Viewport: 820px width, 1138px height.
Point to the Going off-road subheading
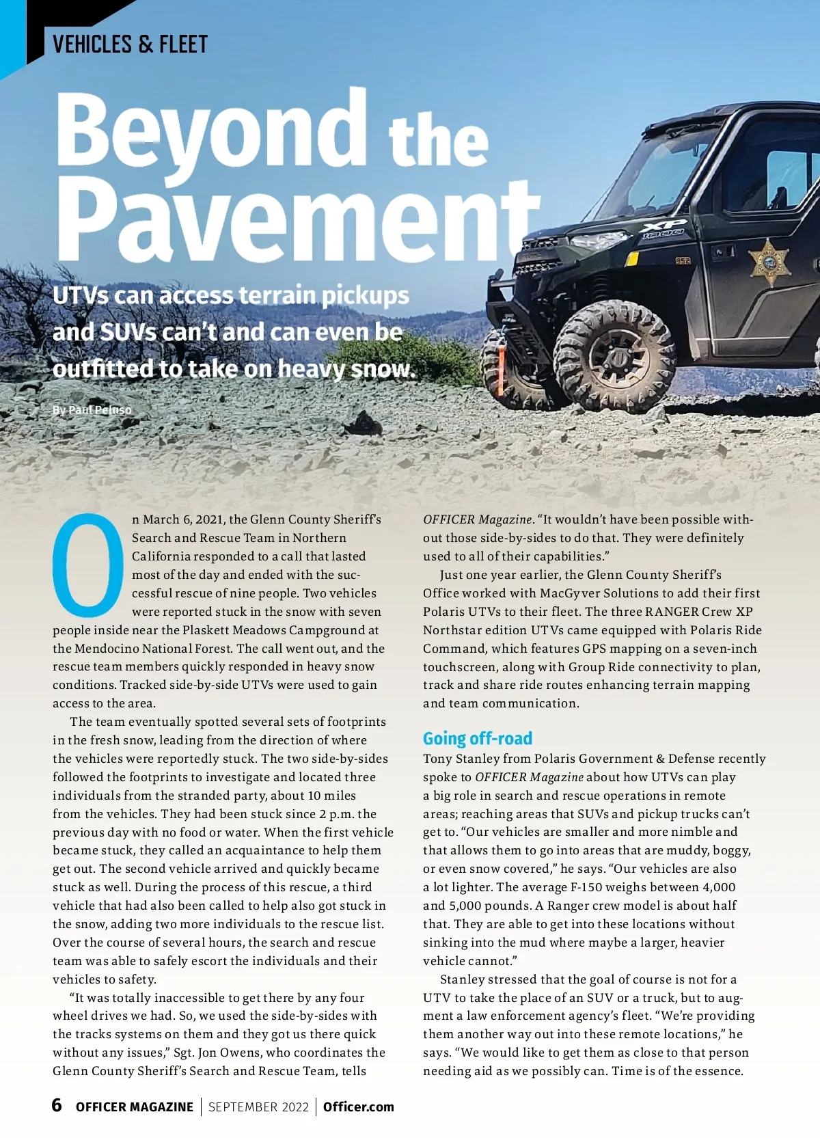(x=477, y=738)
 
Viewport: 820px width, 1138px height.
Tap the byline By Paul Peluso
(x=92, y=409)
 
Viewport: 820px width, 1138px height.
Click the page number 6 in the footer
(x=57, y=1105)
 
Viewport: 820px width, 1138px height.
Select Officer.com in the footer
(x=358, y=1107)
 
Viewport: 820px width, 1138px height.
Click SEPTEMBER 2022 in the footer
(x=258, y=1107)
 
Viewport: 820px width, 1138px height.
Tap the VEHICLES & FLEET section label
(x=130, y=44)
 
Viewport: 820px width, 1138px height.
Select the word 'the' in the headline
(x=438, y=140)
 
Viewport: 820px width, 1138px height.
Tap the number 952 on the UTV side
(x=683, y=260)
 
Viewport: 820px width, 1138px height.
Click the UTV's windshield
(x=656, y=171)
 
